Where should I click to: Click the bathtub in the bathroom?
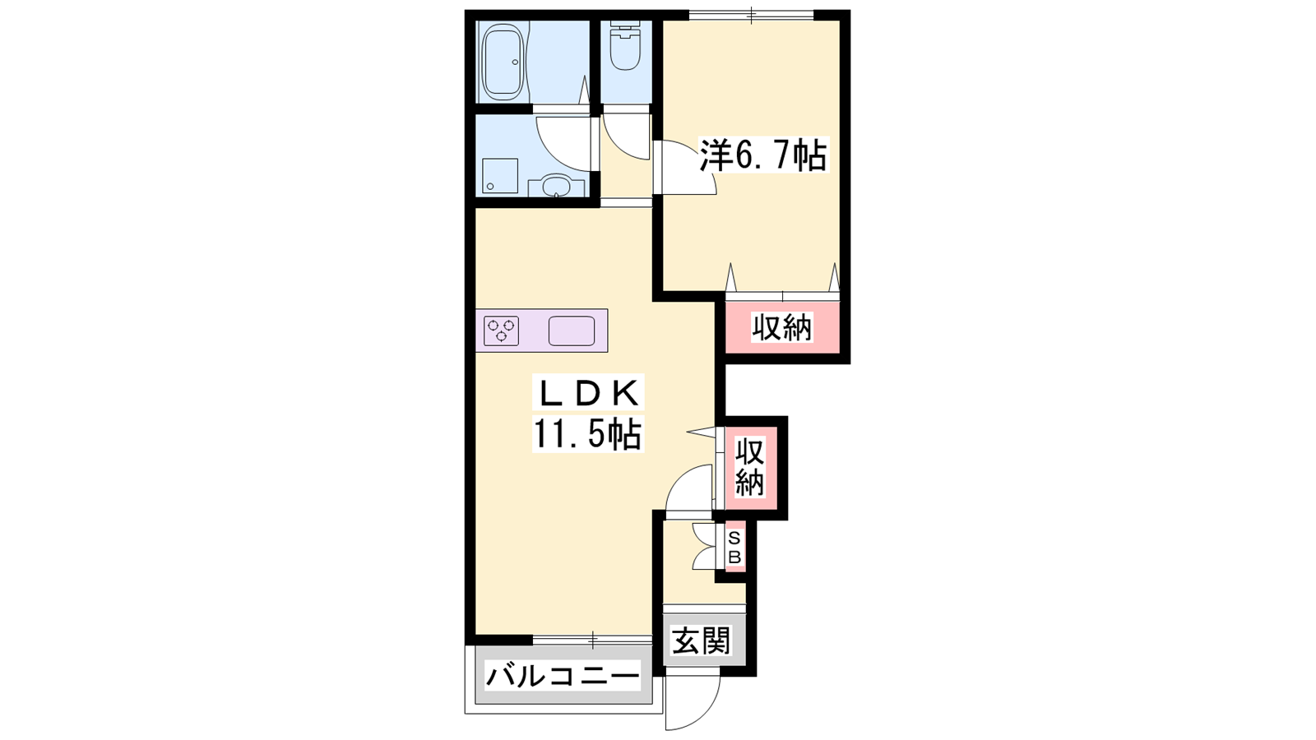(503, 62)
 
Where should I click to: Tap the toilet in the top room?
(624, 46)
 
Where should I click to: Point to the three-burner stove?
(501, 331)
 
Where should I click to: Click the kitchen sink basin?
(572, 331)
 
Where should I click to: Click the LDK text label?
(588, 393)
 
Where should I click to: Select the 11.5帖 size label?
(587, 433)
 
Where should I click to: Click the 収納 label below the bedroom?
(782, 327)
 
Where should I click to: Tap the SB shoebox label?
(734, 548)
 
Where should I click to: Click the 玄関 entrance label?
(702, 641)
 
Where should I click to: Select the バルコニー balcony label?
(563, 678)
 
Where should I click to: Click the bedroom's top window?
(751, 16)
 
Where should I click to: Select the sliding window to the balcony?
(593, 640)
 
